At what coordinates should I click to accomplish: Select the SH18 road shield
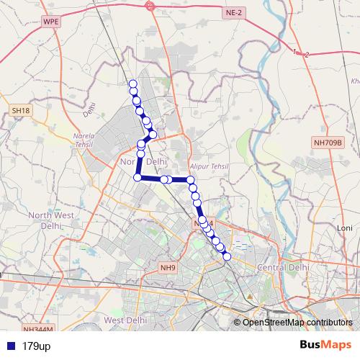tap(21, 110)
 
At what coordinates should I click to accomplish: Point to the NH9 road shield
tap(168, 269)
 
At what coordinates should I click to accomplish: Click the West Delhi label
tap(126, 319)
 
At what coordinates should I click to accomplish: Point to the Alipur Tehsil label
tap(209, 166)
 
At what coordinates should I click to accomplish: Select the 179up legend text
tap(36, 346)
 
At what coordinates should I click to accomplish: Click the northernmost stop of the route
tap(132, 84)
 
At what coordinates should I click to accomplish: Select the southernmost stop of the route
tap(227, 256)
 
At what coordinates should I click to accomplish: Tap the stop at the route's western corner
tap(138, 177)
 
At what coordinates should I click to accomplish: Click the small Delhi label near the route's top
tap(89, 109)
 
